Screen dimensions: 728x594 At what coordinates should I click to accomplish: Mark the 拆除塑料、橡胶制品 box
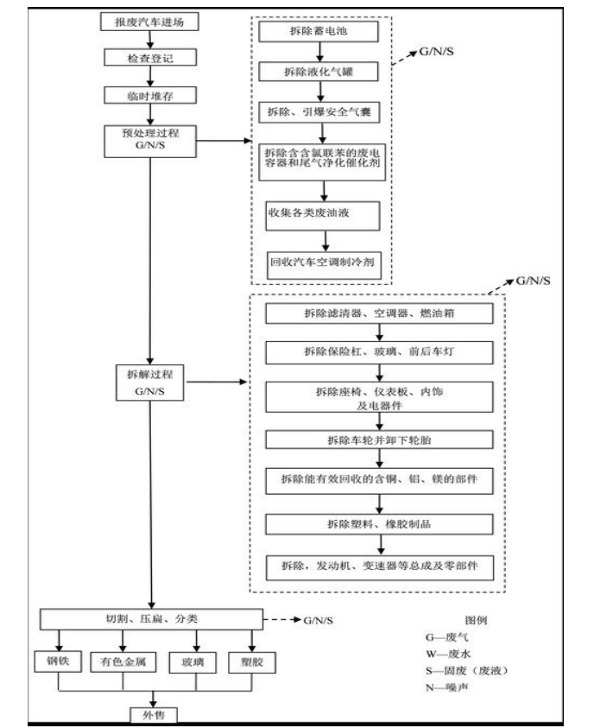coord(379,524)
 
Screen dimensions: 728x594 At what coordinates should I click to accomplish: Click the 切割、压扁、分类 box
coord(150,619)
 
